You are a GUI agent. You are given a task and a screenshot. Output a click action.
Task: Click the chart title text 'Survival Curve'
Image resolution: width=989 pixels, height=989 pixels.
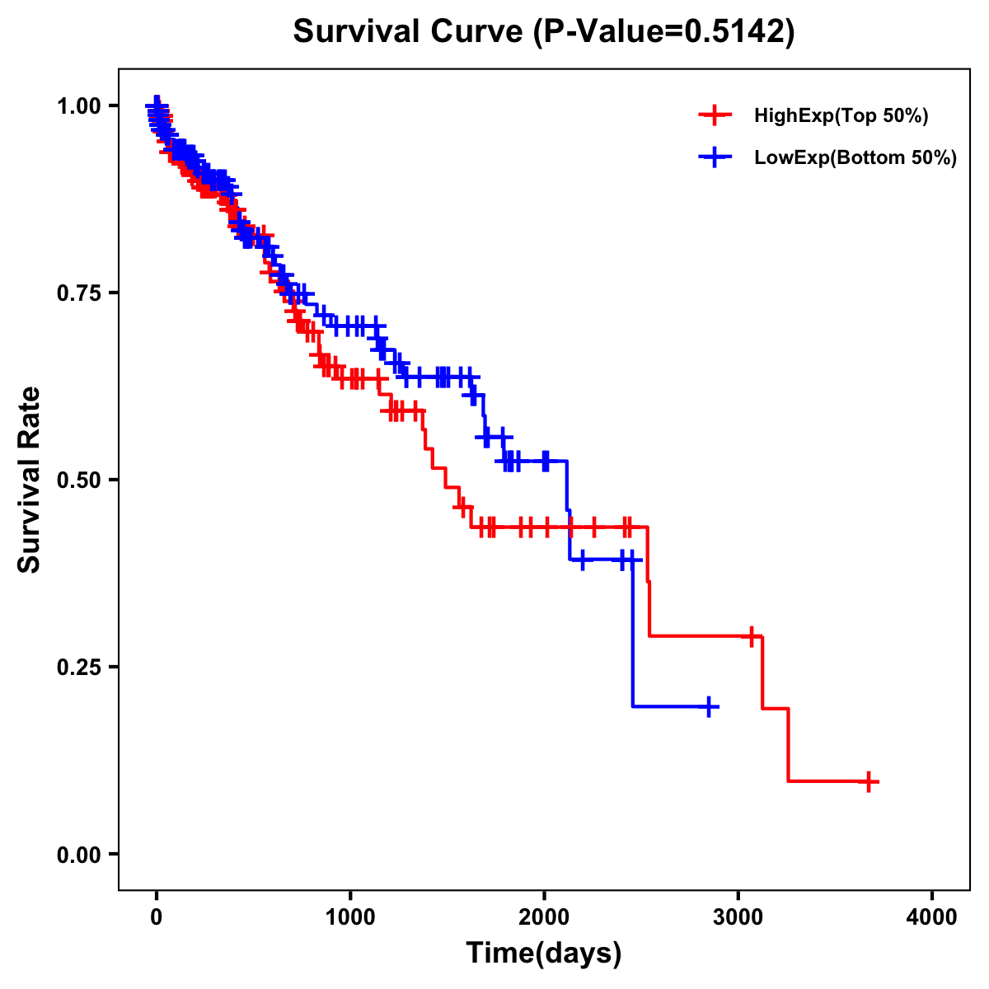coord(409,32)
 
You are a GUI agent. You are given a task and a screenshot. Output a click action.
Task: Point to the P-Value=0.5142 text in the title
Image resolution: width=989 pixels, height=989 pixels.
coord(663,32)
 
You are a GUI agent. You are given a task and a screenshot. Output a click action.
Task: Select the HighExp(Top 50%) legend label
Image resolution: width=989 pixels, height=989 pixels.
coord(841,116)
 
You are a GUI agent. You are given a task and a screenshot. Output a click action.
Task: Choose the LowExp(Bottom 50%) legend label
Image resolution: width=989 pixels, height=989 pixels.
coord(855,158)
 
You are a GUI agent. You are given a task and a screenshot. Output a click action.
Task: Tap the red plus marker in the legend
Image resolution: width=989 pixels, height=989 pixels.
coord(715,115)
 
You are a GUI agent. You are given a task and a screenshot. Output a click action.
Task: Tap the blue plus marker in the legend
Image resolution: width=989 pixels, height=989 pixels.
coord(715,157)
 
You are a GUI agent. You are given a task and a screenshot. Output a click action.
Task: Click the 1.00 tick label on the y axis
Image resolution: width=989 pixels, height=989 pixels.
coord(79,106)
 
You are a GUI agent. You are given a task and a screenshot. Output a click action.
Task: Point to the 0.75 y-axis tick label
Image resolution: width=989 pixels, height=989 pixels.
coord(79,293)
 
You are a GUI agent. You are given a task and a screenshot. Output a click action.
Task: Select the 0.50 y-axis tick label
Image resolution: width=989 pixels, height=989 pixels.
coord(79,480)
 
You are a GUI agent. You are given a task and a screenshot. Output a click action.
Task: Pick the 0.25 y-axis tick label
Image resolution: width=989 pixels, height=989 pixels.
coord(79,668)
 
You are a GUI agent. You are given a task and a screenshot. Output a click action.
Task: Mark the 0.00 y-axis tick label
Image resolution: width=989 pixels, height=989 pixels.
coord(79,855)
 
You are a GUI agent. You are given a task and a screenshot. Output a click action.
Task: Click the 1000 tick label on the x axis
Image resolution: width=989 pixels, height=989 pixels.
coord(350,917)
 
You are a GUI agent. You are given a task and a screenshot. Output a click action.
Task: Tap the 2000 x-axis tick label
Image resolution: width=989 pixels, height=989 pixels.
coord(544,917)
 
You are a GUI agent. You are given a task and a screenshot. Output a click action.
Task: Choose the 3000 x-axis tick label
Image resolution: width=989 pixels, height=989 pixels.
coord(738,917)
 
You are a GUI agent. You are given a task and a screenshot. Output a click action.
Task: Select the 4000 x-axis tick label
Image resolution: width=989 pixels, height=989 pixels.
coord(932,917)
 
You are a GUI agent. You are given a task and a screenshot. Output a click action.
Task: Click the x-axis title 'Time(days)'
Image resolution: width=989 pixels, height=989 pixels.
coord(544,954)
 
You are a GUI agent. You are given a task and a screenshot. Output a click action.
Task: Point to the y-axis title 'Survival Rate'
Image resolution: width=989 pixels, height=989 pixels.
coord(30,480)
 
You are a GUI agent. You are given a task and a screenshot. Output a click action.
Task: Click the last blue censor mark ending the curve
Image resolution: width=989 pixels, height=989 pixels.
coord(709,706)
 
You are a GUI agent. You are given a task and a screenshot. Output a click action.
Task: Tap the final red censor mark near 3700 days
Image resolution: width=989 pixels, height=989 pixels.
coord(868,781)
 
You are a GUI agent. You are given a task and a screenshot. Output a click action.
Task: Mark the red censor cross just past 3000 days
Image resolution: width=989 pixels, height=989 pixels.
coord(751,636)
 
